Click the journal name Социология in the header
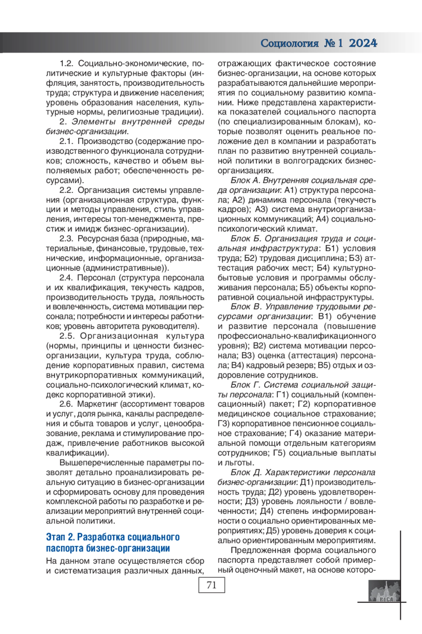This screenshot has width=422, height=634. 289,43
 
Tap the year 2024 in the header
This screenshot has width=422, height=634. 363,43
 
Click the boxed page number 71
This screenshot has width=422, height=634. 211,585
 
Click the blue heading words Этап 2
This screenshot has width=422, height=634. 60,537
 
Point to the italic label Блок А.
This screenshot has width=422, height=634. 245,180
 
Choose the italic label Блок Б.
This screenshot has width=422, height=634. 245,238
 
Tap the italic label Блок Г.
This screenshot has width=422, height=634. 245,385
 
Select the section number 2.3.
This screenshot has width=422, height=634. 66,238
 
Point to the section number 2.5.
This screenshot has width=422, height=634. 67,336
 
